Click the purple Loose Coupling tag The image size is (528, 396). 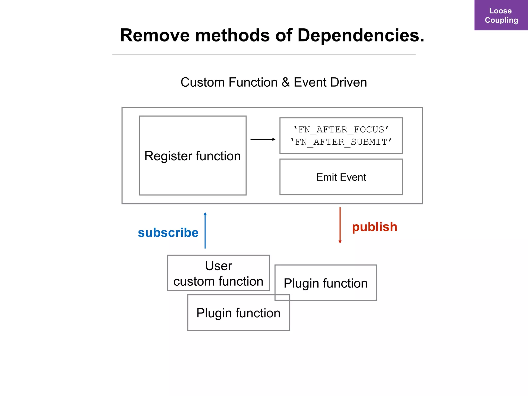tap(501, 15)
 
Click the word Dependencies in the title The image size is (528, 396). tap(361, 35)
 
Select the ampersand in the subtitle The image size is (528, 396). tap(285, 82)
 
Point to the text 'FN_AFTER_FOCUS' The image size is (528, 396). tap(341, 129)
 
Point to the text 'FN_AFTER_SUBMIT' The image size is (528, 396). tap(341, 142)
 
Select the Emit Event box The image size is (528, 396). tap(341, 177)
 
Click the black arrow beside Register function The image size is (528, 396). tap(263, 139)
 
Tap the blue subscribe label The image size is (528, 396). tap(168, 233)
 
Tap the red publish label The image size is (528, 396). tap(374, 227)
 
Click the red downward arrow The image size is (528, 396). tap(340, 225)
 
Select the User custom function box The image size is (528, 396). tap(218, 273)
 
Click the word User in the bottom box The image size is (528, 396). tap(219, 266)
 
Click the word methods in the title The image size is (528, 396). tap(232, 35)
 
